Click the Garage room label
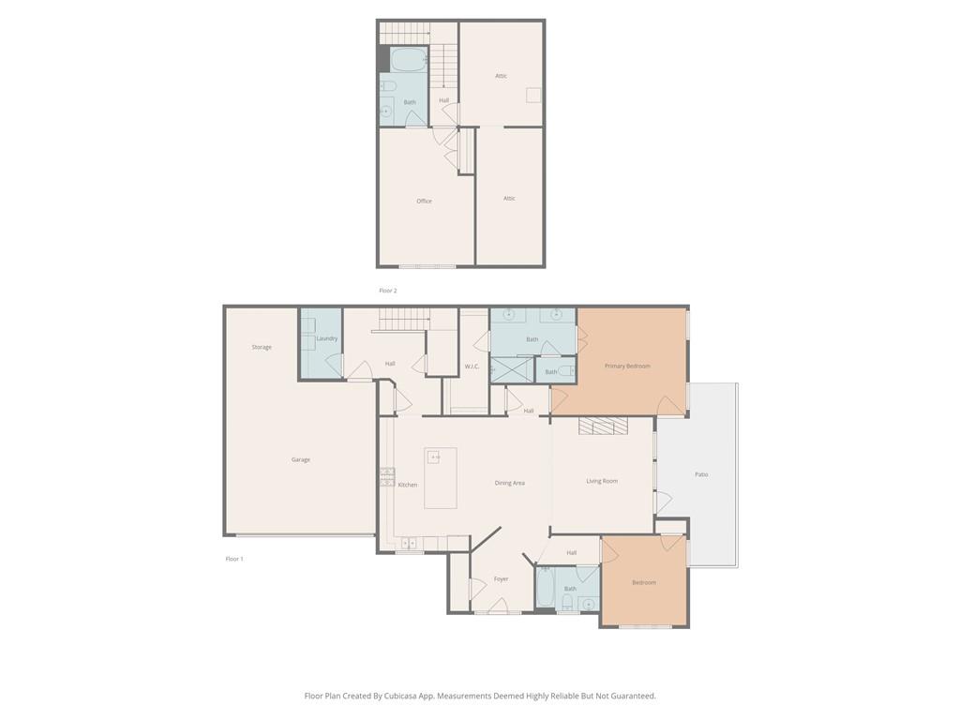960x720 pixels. [301, 459]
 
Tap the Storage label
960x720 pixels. [262, 347]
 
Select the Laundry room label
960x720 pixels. [327, 338]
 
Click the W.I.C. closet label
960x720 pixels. [472, 367]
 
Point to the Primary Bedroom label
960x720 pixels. [627, 367]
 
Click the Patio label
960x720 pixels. [701, 474]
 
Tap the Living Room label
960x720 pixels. [602, 481]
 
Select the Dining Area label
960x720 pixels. [509, 483]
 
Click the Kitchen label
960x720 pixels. [408, 485]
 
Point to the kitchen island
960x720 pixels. [441, 477]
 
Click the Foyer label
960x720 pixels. [501, 579]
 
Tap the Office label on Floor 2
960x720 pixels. [425, 201]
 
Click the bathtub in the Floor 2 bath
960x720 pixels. [409, 59]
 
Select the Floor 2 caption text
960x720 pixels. [387, 291]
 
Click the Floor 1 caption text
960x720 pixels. [234, 559]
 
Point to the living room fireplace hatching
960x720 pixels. [603, 427]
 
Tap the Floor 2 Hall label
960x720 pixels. [443, 100]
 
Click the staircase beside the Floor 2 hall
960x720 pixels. [443, 67]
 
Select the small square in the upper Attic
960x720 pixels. [533, 95]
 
